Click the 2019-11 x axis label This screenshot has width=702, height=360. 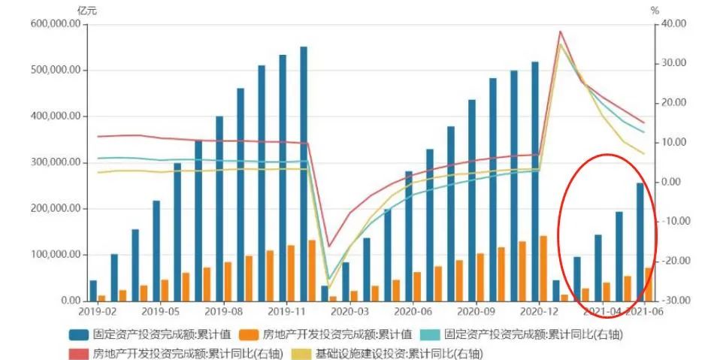click(286, 310)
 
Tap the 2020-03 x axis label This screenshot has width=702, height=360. click(349, 310)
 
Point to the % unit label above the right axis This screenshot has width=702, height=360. click(655, 11)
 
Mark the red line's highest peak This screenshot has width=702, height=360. click(560, 32)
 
